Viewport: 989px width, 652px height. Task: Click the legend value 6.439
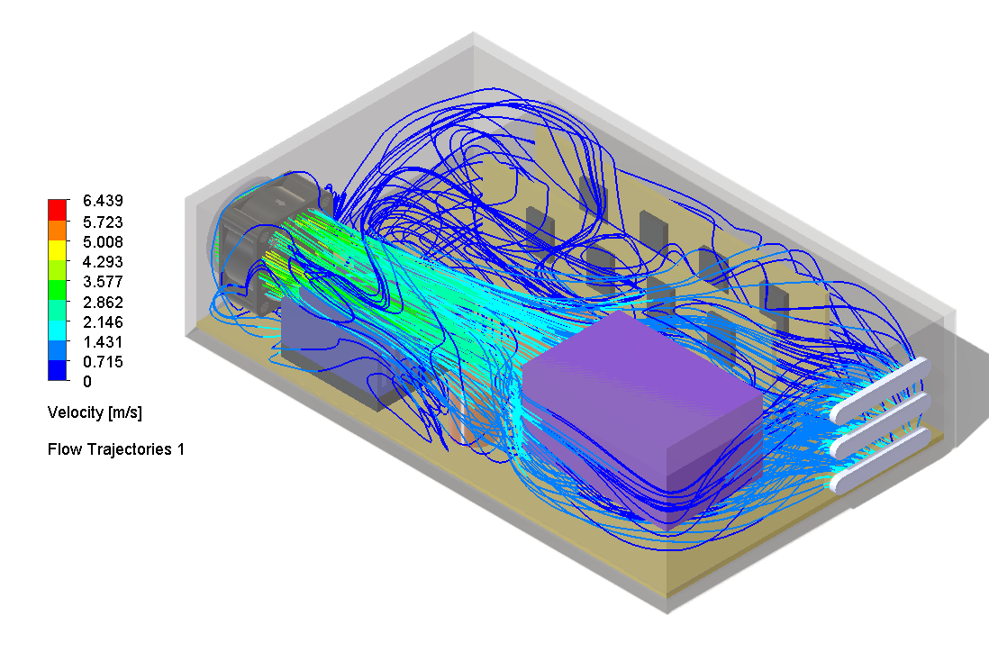click(104, 201)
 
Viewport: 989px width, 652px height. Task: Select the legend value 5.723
click(104, 222)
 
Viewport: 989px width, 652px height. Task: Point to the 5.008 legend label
click(104, 241)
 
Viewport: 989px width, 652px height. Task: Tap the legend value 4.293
click(104, 261)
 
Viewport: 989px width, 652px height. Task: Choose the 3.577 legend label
click(104, 281)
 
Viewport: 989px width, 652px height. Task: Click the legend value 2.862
click(104, 302)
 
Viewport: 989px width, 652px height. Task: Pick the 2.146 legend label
click(104, 321)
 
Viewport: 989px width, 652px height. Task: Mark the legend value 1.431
click(104, 341)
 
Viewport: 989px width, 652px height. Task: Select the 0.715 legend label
click(104, 361)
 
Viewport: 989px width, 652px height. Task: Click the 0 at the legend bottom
click(86, 381)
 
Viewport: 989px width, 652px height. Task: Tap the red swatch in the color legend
click(58, 210)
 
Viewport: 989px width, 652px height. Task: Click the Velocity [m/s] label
click(95, 412)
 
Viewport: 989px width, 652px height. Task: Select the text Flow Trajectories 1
click(116, 448)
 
